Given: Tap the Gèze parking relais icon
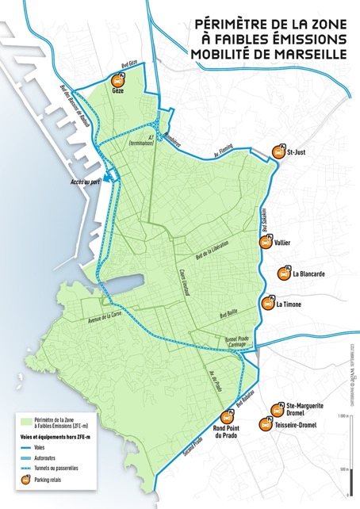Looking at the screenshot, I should coord(119,80).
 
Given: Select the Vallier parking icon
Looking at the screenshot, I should coord(265,243).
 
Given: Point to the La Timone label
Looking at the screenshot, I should coord(288,304).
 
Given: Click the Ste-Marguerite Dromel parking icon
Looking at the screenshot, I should coord(277,409).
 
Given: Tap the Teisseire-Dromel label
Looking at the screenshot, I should coord(296,425).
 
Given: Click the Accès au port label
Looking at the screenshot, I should coord(90,181).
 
